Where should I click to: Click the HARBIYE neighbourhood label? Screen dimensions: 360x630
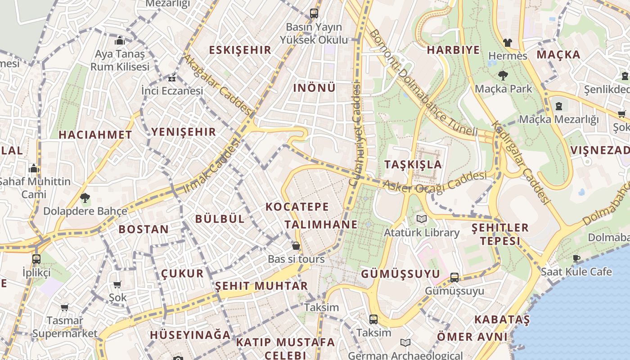(453, 50)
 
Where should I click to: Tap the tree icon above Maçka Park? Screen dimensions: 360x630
(503, 76)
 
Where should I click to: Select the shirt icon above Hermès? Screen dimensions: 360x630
(508, 43)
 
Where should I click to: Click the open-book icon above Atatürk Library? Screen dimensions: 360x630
(421, 219)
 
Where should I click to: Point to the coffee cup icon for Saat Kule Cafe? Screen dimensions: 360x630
(576, 258)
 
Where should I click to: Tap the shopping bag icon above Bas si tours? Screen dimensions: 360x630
(296, 246)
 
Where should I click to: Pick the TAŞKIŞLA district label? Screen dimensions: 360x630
(413, 164)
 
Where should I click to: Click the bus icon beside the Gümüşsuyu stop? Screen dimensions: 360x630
(454, 278)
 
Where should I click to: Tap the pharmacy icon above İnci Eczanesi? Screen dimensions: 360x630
(172, 79)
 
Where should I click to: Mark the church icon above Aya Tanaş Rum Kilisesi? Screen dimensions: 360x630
(119, 41)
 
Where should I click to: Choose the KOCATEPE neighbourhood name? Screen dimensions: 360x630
(297, 207)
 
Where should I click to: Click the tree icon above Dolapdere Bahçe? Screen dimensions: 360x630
(85, 198)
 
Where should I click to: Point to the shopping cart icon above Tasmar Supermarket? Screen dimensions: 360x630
(65, 308)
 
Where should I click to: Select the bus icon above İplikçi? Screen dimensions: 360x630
(36, 259)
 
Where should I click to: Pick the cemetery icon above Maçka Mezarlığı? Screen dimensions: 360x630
(558, 106)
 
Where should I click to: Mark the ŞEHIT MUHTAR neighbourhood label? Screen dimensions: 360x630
(261, 286)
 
